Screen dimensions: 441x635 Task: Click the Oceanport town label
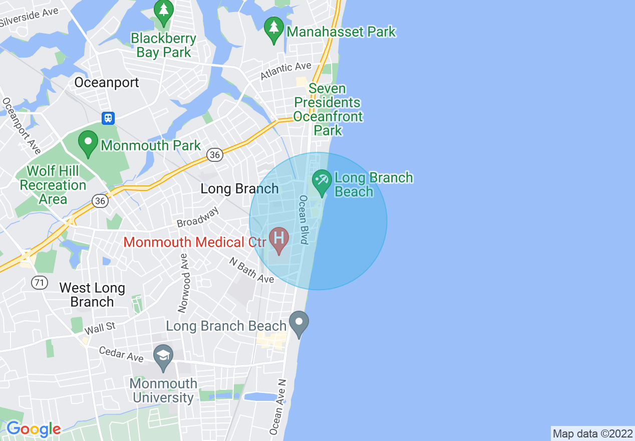tap(106, 83)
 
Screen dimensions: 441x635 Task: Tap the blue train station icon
tap(108, 118)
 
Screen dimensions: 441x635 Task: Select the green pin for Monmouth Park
tap(89, 144)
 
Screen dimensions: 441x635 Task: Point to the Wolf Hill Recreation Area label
tap(53, 185)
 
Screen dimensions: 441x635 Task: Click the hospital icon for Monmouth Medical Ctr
tap(279, 240)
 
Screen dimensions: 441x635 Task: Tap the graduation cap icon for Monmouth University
tap(163, 358)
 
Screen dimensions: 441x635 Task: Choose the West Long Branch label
tap(92, 295)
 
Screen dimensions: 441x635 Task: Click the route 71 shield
tap(40, 283)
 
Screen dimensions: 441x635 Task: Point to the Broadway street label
tap(198, 217)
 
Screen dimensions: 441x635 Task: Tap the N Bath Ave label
tap(251, 270)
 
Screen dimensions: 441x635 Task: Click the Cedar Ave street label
tap(121, 354)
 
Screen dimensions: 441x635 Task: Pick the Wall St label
tap(100, 329)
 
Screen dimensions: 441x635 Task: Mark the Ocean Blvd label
tap(303, 219)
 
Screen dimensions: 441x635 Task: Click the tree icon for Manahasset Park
tap(274, 30)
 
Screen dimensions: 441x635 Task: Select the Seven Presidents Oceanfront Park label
tap(328, 109)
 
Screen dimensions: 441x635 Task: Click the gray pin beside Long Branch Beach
tap(299, 324)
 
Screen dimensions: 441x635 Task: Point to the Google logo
tap(34, 429)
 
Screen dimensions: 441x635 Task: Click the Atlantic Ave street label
tap(286, 71)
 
